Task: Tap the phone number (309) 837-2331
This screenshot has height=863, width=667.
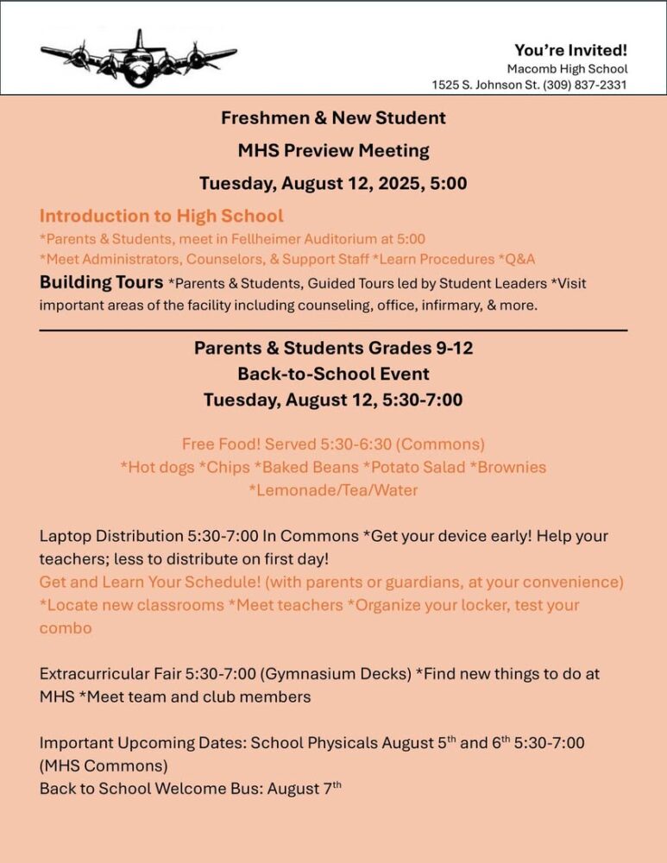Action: click(585, 85)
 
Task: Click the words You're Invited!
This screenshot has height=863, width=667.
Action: click(570, 50)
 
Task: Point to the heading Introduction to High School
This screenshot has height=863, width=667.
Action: click(161, 216)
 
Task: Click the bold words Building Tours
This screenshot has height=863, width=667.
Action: click(101, 282)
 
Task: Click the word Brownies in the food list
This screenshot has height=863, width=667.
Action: click(511, 467)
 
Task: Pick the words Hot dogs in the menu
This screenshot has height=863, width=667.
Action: click(160, 467)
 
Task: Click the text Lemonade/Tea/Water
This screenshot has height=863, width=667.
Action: click(333, 490)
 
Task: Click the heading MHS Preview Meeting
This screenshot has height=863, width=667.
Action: click(333, 150)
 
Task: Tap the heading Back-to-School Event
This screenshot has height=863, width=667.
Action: click(333, 375)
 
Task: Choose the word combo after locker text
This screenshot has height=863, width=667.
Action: click(66, 627)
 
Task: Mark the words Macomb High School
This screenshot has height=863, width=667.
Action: click(567, 68)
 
